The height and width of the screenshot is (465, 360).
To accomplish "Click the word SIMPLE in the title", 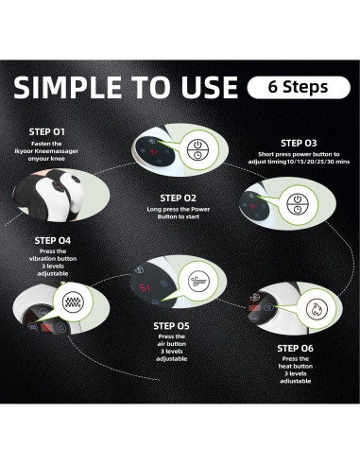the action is [x=67, y=87].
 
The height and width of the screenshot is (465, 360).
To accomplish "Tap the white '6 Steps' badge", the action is [x=299, y=87].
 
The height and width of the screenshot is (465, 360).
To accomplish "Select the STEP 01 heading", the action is [x=47, y=131].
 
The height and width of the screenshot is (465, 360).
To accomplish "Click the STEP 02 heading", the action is [x=178, y=198].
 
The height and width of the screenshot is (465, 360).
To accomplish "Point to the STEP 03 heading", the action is [x=299, y=144].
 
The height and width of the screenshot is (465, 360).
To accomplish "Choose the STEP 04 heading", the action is [x=53, y=241].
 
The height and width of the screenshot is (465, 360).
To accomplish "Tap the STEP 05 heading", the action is [x=171, y=326].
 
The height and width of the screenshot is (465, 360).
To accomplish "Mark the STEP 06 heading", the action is [x=295, y=349].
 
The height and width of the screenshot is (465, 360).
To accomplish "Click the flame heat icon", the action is [x=316, y=309].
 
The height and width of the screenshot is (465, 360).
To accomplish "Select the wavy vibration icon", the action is [x=73, y=302].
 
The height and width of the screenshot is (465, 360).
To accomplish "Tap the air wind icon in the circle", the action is [x=198, y=281].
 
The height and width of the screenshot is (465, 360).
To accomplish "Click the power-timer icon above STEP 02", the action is [x=197, y=149].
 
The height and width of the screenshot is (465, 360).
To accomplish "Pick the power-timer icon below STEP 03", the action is [x=298, y=204].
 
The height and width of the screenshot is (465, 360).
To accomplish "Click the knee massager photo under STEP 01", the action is [x=61, y=195].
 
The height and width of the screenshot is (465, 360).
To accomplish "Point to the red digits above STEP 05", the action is [x=145, y=287].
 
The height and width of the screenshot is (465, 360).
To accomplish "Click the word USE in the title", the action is [x=210, y=87].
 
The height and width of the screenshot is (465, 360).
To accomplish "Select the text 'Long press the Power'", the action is [x=179, y=209].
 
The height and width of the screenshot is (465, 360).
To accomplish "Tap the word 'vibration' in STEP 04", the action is [x=53, y=259].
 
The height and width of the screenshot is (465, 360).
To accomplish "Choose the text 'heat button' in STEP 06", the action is [x=296, y=366].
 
